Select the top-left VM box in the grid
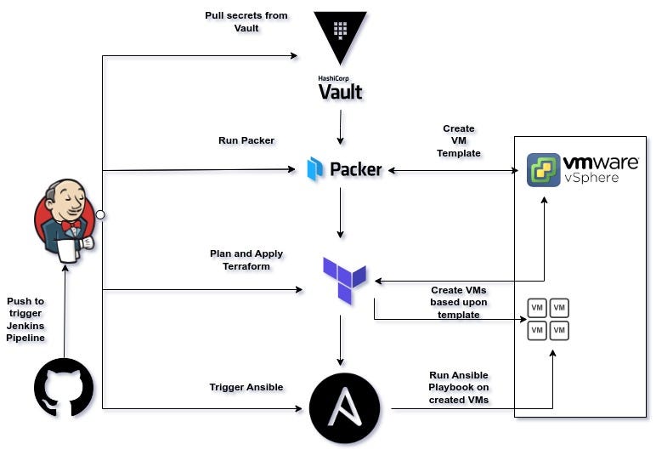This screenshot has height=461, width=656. pyautogui.click(x=536, y=307)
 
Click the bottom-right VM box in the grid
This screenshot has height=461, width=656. pyautogui.click(x=558, y=329)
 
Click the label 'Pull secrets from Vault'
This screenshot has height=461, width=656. pyautogui.click(x=246, y=21)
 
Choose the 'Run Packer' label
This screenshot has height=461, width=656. pyautogui.click(x=246, y=140)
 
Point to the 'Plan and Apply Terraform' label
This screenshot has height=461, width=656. pyautogui.click(x=246, y=259)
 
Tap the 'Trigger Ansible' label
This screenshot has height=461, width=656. pyautogui.click(x=246, y=387)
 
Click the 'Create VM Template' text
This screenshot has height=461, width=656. pyautogui.click(x=459, y=140)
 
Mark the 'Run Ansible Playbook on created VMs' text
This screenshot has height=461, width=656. pyautogui.click(x=459, y=387)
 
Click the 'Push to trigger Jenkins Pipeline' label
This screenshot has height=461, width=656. pyautogui.click(x=25, y=319)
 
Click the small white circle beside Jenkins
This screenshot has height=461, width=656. pyautogui.click(x=100, y=214)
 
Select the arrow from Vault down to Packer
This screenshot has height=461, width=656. pyautogui.click(x=341, y=128)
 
